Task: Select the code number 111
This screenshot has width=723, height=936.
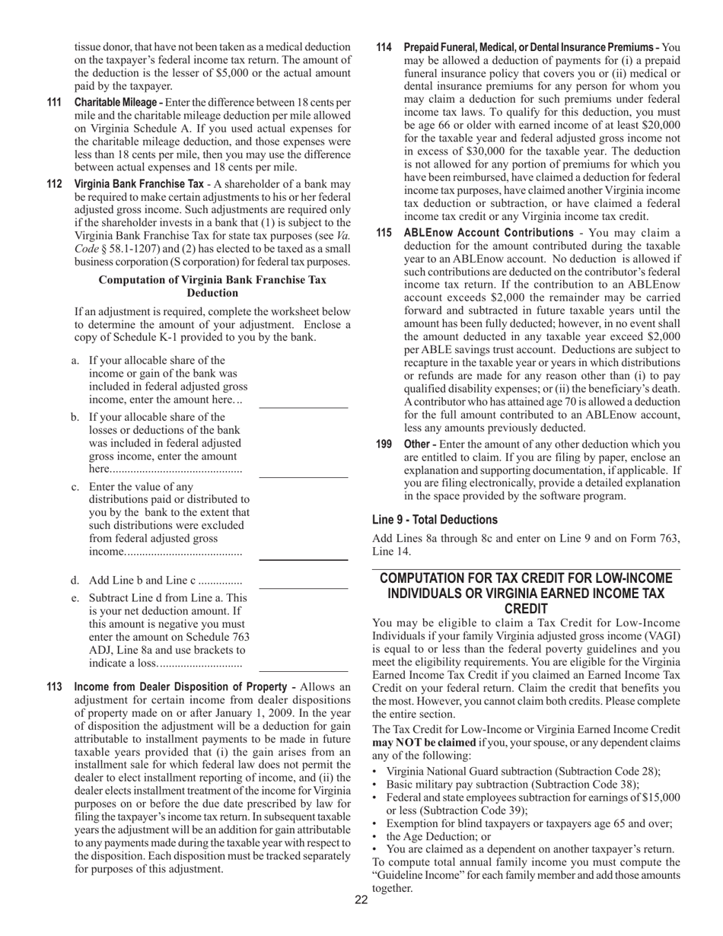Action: [54, 102]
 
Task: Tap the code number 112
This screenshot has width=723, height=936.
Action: [54, 184]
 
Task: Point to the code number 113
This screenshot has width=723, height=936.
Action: [54, 688]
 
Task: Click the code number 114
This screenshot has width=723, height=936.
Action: [384, 47]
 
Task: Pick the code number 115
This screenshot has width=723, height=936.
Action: [384, 233]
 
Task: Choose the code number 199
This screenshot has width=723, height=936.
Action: [384, 444]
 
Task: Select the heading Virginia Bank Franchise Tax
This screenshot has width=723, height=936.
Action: [139, 184]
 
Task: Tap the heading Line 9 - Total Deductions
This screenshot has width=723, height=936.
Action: [435, 520]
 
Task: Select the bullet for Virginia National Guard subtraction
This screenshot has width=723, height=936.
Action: [377, 771]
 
